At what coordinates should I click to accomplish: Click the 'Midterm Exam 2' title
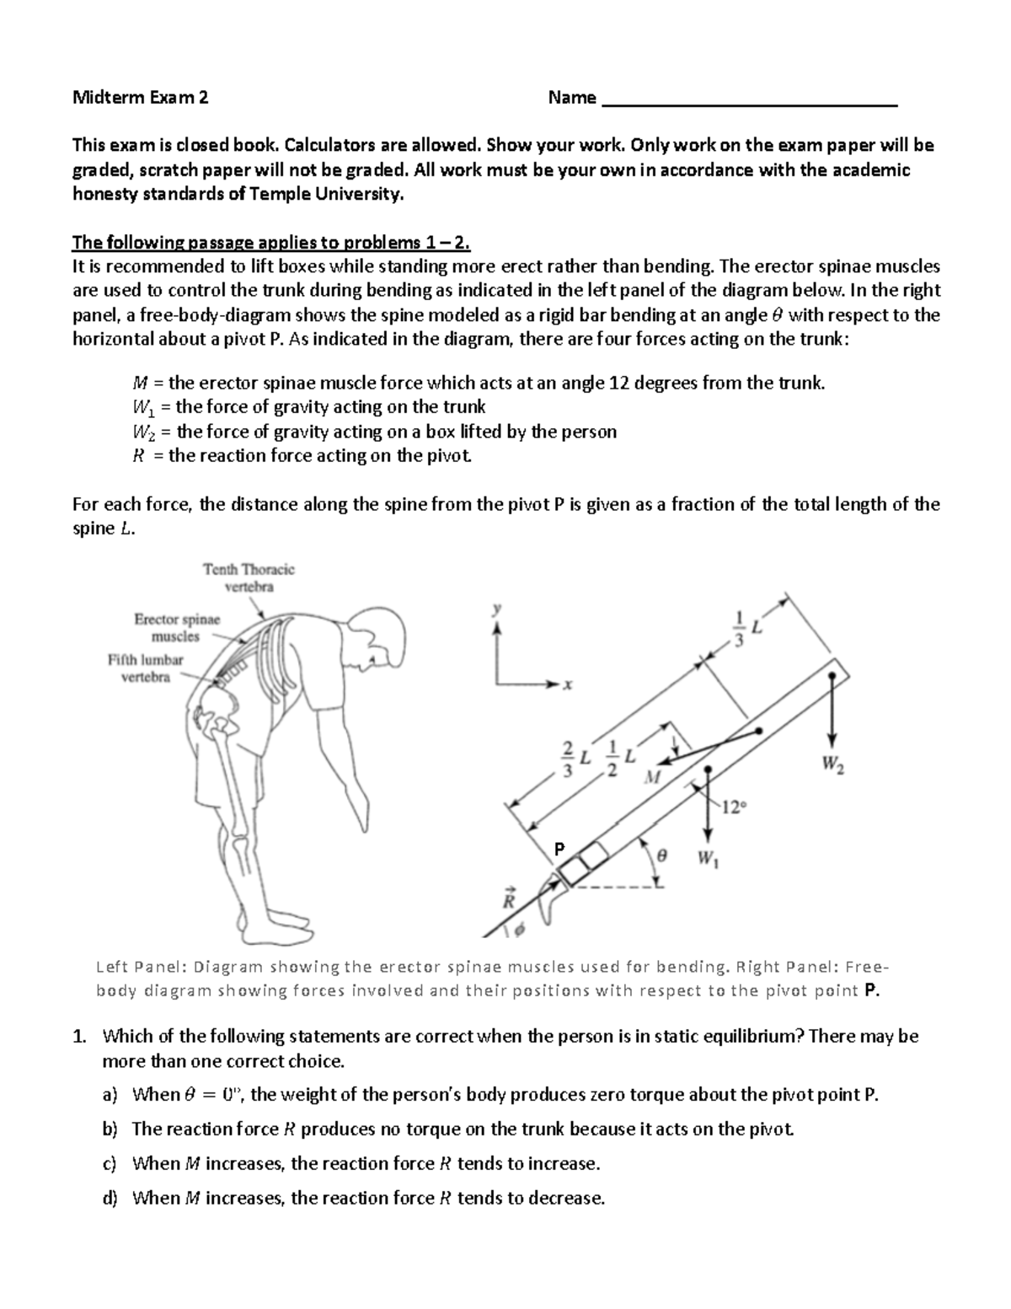[x=140, y=98]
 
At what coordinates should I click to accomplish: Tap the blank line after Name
[x=750, y=101]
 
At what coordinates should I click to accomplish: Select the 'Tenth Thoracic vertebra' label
[x=249, y=578]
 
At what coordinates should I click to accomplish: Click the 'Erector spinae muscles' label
[x=177, y=628]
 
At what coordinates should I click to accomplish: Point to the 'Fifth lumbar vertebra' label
[x=145, y=668]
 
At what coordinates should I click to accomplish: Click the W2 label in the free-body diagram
[x=832, y=766]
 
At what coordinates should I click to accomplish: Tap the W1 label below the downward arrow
[x=708, y=861]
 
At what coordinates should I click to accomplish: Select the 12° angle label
[x=733, y=807]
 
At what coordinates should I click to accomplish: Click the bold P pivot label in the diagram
[x=558, y=848]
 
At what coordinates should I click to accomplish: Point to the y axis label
[x=498, y=608]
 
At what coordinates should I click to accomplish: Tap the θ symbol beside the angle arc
[x=661, y=855]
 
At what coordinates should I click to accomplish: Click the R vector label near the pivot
[x=509, y=899]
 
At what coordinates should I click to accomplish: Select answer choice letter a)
[x=110, y=1095]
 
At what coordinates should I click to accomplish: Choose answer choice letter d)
[x=110, y=1198]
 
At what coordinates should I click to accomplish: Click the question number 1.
[x=79, y=1036]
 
